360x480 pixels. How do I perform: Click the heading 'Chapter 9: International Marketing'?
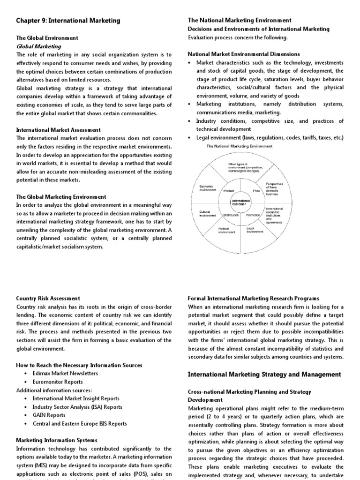click(x=68, y=21)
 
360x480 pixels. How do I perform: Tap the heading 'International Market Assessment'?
click(x=58, y=130)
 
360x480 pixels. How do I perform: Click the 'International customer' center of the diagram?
click(x=241, y=203)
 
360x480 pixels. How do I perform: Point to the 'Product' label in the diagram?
click(x=229, y=191)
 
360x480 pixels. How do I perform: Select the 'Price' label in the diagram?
click(x=256, y=191)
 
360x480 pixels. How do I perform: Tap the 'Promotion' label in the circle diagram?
click(x=253, y=215)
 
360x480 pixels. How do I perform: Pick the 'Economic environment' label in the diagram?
click(x=207, y=188)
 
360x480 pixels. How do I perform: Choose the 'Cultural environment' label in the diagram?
click(x=207, y=213)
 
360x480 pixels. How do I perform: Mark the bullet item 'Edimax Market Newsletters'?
click(x=65, y=373)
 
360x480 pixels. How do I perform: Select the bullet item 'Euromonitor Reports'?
click(x=58, y=382)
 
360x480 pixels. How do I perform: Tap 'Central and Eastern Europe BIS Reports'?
click(x=80, y=423)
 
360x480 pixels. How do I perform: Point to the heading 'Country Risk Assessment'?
click(x=48, y=298)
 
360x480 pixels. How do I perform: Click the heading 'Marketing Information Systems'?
click(x=57, y=440)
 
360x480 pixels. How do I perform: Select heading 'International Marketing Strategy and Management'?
click(x=264, y=374)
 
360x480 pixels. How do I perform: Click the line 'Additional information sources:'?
click(x=54, y=390)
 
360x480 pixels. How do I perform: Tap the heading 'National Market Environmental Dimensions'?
click(x=244, y=54)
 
